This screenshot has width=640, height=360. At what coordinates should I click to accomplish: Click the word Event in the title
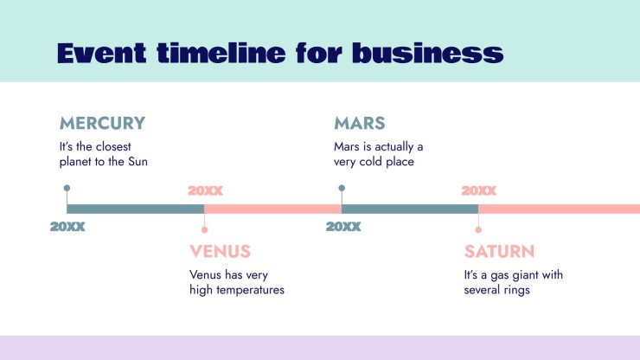pos(102,53)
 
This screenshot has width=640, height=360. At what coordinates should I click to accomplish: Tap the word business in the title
pos(428,53)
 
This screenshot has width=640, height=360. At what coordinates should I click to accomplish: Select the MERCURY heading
pos(102,123)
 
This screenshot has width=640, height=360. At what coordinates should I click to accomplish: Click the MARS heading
pos(360,123)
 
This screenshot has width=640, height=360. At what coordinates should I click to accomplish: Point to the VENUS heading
pos(220,251)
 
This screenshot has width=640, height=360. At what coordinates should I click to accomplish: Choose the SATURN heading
pos(499,251)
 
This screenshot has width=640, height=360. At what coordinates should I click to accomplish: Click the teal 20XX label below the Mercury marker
pos(67,227)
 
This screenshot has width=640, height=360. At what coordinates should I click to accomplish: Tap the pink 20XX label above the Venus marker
pos(205,190)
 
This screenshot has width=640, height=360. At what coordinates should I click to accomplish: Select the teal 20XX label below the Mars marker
pos(343,227)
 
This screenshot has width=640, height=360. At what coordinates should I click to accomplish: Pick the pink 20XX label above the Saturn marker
pos(479,190)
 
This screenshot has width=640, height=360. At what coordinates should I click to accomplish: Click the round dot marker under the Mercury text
pos(67,188)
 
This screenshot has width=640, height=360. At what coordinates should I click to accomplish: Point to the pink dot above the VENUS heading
pos(204,230)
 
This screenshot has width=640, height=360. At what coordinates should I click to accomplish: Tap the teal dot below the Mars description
pos(342,188)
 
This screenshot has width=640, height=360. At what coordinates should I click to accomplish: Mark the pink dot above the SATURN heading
pos(478,230)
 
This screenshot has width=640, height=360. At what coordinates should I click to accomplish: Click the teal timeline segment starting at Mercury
pos(136,209)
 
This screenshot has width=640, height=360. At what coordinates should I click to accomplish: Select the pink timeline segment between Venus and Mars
pos(273,209)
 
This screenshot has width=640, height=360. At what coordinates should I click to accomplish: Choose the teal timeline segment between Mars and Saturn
pos(410,209)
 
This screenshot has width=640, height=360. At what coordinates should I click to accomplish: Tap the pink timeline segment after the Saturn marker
pos(560,209)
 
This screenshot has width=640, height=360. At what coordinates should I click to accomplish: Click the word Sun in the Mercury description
pos(138,162)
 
